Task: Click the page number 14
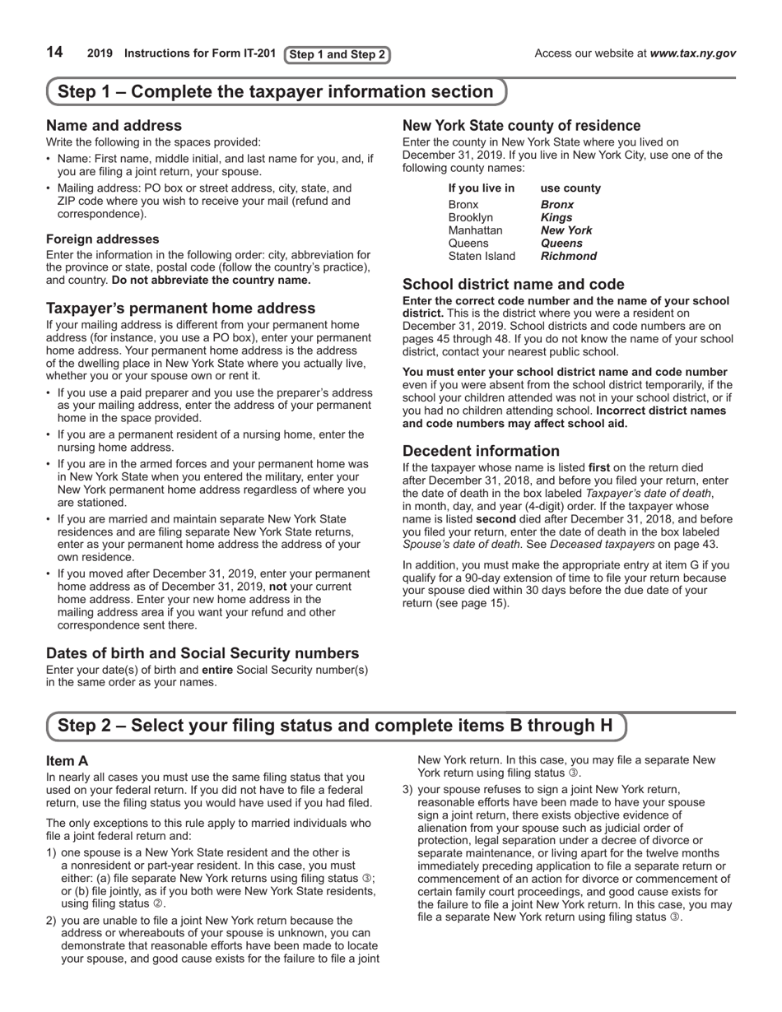click(x=54, y=53)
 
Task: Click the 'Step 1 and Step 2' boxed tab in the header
click(x=337, y=55)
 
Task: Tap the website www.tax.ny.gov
click(x=692, y=53)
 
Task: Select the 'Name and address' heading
click(x=114, y=126)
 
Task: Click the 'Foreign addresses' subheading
click(x=103, y=239)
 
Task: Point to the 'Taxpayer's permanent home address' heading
click(x=180, y=309)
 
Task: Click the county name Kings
click(x=556, y=217)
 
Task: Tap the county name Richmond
click(x=568, y=257)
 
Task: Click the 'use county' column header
click(x=570, y=188)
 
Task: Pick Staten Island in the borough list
click(x=482, y=257)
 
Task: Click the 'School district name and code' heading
click(x=513, y=285)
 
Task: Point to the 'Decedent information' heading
click(x=481, y=451)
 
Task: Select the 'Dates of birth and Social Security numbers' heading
click(x=202, y=653)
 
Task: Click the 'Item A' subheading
click(x=67, y=761)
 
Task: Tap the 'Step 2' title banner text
click(x=335, y=726)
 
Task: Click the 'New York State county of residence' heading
click(x=521, y=126)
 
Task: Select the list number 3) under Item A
click(x=407, y=790)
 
